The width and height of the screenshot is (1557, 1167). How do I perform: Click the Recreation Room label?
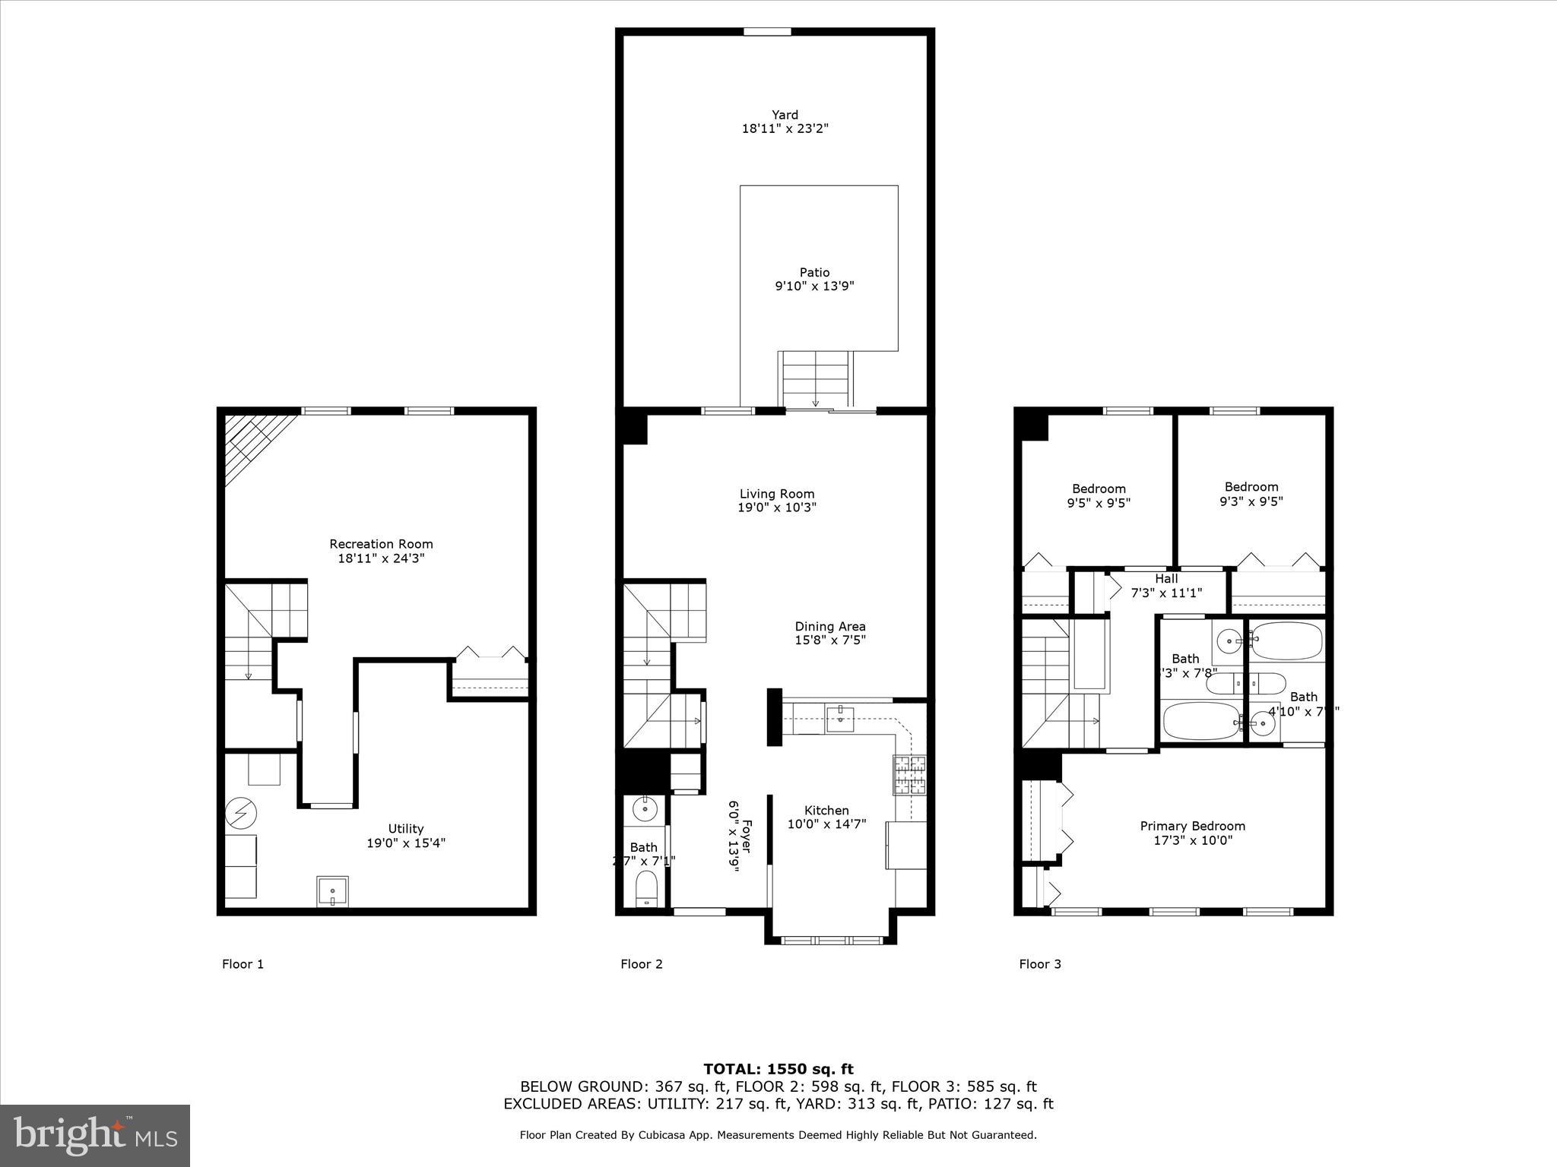[381, 544]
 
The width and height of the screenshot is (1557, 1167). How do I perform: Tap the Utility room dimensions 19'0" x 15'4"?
[405, 843]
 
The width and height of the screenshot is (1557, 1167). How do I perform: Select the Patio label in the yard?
[814, 272]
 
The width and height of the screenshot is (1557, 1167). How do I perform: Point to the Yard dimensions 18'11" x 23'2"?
[785, 129]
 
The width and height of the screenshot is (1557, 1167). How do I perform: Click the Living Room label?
[777, 494]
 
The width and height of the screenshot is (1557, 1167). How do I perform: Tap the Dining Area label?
[830, 626]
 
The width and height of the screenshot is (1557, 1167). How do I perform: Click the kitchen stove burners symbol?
[910, 775]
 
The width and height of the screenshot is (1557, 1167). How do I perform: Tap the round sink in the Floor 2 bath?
[645, 810]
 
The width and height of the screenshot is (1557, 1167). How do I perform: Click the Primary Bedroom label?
[1192, 826]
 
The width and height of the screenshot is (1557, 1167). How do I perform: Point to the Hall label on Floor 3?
[1166, 579]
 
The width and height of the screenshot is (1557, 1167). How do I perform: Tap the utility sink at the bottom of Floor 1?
[333, 891]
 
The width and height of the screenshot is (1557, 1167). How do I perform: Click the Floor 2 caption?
[641, 964]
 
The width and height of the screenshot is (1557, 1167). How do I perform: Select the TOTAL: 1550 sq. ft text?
[778, 1070]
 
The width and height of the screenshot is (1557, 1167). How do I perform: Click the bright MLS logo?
[95, 1136]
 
